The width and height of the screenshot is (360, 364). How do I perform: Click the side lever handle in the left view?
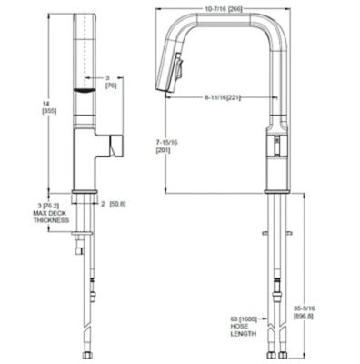(116, 145)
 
